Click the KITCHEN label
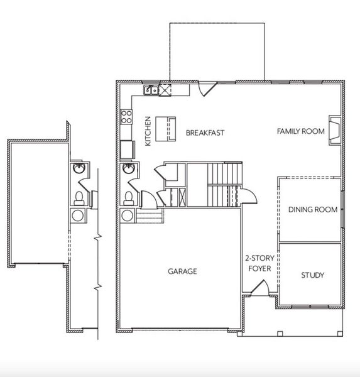point(148,131)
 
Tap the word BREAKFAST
point(205,133)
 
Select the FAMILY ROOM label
point(301,131)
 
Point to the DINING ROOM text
point(313,209)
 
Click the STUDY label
point(312,275)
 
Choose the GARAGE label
point(182,271)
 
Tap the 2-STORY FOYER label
point(258,263)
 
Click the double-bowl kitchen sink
point(151,90)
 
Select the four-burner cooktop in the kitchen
point(126,116)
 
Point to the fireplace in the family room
point(335,129)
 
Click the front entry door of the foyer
point(258,290)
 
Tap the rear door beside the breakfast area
point(207,88)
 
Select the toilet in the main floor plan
point(128,197)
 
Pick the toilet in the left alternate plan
point(80,198)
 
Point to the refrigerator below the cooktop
point(128,150)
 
